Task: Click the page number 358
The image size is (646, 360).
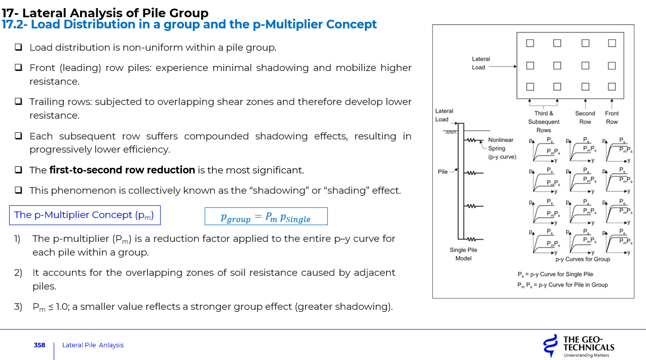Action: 40,345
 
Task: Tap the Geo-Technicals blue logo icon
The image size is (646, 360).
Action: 549,346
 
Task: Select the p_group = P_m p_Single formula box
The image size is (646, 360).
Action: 266,217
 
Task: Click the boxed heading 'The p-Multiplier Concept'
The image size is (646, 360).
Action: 85,215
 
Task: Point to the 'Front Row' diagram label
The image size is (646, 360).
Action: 612,118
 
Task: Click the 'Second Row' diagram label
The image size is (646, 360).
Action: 585,118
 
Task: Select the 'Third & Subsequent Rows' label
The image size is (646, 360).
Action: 544,122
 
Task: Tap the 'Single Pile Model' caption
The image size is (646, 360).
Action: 463,254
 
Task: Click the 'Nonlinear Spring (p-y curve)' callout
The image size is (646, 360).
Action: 501,149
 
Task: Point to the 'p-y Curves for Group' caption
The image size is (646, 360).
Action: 583,259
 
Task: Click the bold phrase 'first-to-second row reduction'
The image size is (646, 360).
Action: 122,170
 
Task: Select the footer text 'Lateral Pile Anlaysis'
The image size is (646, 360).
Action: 93,345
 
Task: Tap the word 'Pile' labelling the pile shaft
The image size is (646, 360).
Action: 443,172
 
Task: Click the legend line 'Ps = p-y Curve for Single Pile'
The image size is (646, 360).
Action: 555,274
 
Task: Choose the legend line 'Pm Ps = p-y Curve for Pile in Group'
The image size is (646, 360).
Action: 562,285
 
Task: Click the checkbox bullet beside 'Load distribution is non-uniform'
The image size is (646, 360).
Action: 18,48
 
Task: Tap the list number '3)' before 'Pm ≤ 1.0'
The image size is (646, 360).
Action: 18,307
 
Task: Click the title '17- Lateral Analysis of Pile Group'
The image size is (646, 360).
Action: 105,13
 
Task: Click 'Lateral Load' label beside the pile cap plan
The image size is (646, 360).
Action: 481,63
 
